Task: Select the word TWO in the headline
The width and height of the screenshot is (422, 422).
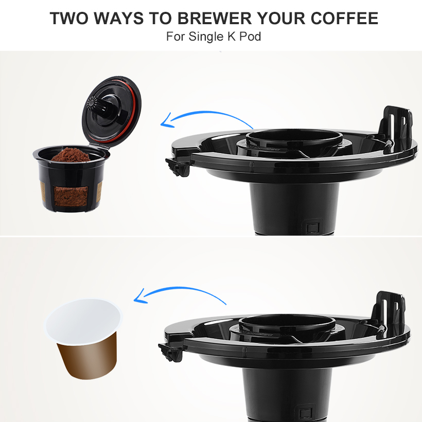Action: (69, 19)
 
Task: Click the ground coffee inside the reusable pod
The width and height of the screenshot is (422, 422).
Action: (72, 154)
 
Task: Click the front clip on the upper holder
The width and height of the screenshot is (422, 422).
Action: (176, 166)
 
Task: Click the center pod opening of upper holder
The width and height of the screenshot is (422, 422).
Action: (294, 138)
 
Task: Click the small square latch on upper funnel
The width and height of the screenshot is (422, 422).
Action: (311, 227)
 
